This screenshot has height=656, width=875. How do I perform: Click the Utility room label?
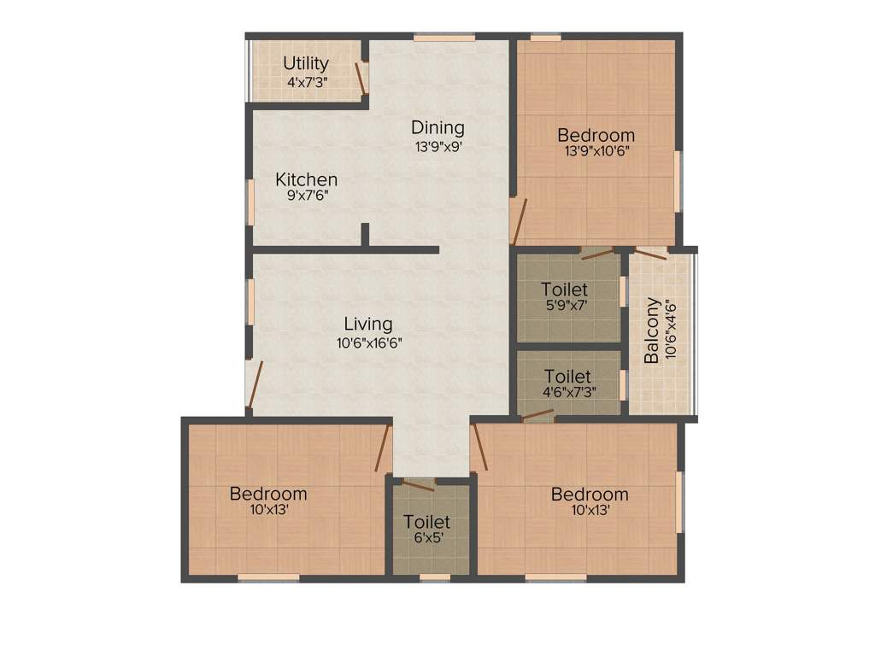306,63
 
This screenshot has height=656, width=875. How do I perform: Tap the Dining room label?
437,127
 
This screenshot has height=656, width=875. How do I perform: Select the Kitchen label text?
306,180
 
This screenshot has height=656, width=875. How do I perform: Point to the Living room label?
368,325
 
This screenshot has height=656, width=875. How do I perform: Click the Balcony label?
652,330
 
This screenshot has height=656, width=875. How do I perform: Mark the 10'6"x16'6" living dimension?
368,343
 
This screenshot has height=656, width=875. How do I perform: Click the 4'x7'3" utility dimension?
307,82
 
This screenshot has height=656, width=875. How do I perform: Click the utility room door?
361,78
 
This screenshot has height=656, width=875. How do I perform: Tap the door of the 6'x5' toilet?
419,485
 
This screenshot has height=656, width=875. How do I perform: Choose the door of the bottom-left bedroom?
382,448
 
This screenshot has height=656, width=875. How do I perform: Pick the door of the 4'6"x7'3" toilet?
538,417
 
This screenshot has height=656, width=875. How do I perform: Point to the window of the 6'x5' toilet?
435,577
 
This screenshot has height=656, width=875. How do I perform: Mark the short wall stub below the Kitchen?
365,235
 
